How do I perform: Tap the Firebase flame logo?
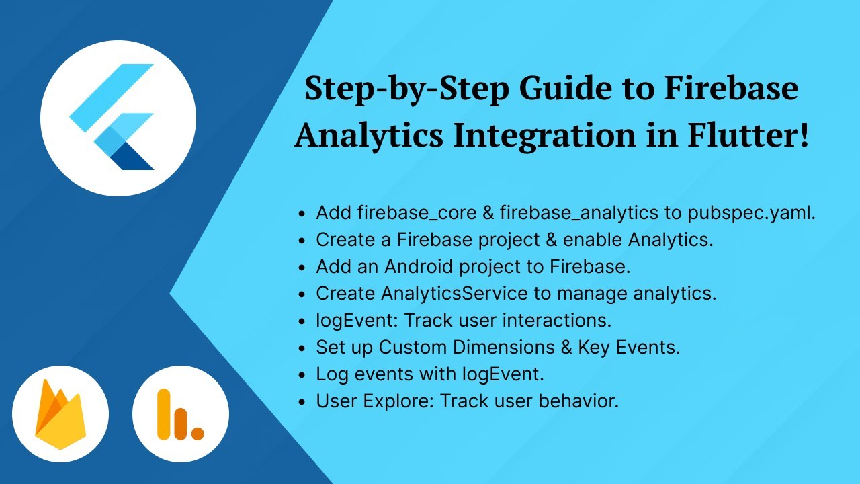click(x=60, y=414)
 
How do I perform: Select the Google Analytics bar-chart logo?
click(x=180, y=414)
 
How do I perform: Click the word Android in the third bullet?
click(x=419, y=266)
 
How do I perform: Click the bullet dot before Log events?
click(x=302, y=375)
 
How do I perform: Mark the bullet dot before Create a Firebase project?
click(x=302, y=241)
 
